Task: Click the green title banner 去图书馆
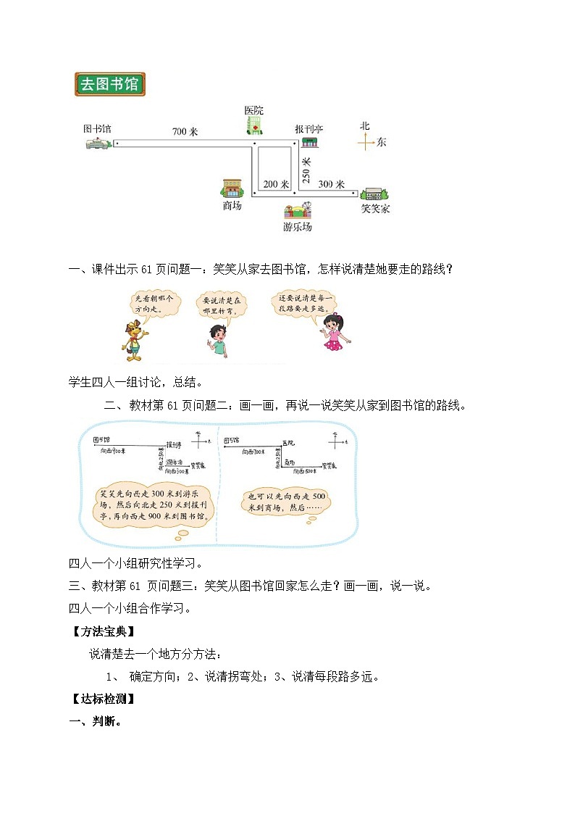(110, 84)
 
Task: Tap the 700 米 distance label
(185, 132)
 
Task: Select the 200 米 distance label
(276, 184)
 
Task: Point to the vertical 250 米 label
(306, 170)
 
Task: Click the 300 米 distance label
(331, 184)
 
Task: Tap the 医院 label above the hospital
(253, 111)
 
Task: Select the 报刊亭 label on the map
(309, 129)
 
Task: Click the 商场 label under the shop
(232, 206)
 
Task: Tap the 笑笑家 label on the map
(375, 209)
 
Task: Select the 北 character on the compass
(365, 125)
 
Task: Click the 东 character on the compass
(381, 143)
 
